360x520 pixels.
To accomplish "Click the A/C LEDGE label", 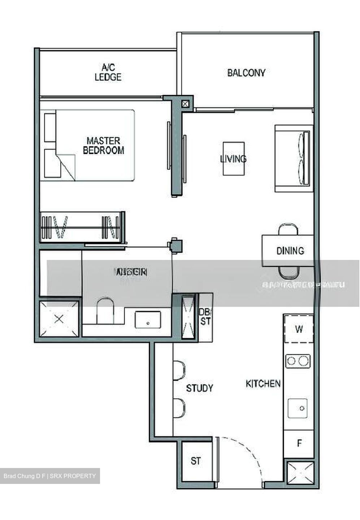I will [108, 72].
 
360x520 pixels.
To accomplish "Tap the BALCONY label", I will [246, 73].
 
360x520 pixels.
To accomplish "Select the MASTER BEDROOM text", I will [103, 146].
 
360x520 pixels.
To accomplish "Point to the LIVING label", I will [233, 159].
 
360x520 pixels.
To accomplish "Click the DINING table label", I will [290, 251].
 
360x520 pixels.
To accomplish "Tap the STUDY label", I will [199, 388].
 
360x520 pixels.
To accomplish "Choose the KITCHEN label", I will [263, 383].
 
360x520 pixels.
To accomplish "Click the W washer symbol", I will [299, 329].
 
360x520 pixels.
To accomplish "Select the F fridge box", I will [299, 443].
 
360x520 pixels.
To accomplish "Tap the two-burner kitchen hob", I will [298, 361].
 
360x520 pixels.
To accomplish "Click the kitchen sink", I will [298, 408].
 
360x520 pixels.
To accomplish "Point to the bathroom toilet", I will [105, 310].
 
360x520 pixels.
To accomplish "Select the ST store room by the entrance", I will [196, 461].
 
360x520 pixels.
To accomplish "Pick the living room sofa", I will [293, 158].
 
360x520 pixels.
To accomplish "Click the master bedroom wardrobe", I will [82, 227].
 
